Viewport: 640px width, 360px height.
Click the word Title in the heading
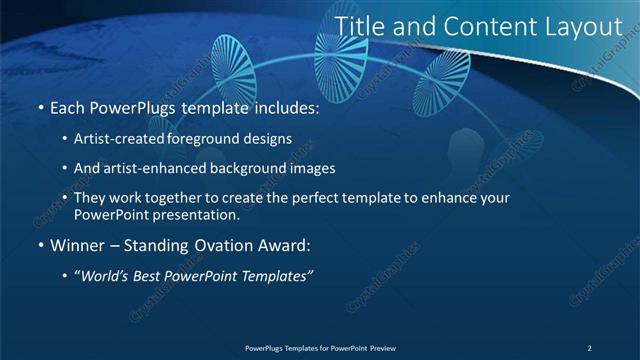tap(357, 27)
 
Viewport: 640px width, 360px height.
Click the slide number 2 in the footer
tap(590, 347)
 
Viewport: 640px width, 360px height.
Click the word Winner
tap(75, 245)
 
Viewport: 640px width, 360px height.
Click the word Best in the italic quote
tap(162, 275)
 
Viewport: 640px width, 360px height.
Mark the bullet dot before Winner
tap(39, 246)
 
